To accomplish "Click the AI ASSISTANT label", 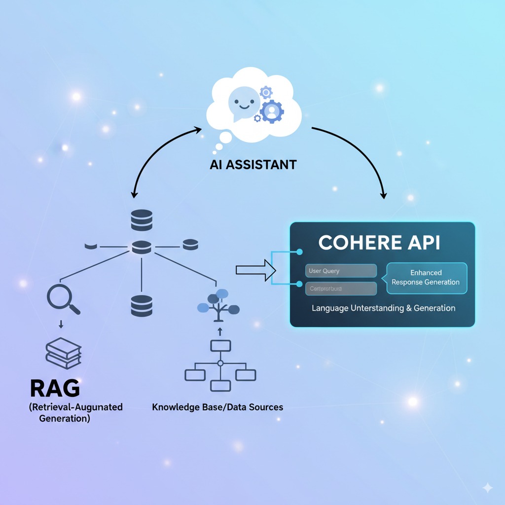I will tap(253, 164).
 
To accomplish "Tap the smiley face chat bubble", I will tap(244, 103).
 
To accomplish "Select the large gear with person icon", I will tap(271, 111).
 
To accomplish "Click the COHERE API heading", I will tap(379, 243).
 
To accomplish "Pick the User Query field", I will tap(341, 271).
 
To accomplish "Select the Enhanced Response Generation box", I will tap(426, 278).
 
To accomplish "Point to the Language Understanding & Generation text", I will tap(383, 308).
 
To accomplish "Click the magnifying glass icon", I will tap(63, 298).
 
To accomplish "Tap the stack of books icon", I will tap(63, 353).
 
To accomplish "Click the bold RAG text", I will tap(55, 388).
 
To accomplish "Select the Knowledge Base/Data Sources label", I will tap(217, 407).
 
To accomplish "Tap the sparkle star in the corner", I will tap(487, 488).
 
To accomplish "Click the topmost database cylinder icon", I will tap(142, 219).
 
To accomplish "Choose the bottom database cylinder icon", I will tap(142, 305).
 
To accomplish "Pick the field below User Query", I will tap(341, 289).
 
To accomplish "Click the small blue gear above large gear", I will tap(266, 92).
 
